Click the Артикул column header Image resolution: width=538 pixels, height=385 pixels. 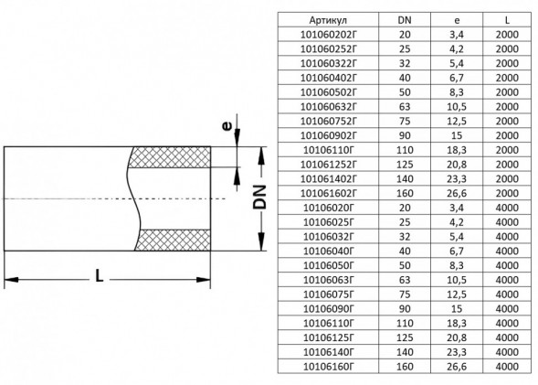(328, 20)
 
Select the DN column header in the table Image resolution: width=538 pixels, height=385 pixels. (405, 20)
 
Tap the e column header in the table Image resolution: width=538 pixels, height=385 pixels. (457, 21)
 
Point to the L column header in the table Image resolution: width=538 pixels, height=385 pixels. (507, 20)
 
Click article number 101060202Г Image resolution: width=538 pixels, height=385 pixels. (328, 35)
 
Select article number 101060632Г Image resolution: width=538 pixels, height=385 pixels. (328, 107)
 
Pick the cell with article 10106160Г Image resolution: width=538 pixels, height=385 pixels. (328, 367)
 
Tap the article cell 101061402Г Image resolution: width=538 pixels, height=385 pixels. (328, 179)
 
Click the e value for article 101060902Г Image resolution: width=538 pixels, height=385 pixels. (457, 135)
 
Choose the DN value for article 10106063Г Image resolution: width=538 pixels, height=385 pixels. (405, 280)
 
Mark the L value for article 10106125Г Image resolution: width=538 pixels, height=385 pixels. (507, 337)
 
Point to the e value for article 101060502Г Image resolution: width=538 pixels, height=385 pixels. (457, 92)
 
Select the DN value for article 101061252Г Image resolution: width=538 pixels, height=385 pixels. (405, 165)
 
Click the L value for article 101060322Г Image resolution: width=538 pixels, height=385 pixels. (507, 63)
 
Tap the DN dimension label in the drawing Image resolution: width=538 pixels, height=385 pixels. (259, 198)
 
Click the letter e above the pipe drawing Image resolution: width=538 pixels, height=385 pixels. (227, 126)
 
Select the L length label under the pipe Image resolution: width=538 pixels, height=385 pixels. (100, 275)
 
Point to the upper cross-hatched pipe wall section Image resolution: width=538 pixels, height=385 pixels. (169, 157)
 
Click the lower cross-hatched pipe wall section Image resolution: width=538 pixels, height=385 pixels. (173, 240)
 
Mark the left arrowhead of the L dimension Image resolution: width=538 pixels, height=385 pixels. (11, 280)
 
